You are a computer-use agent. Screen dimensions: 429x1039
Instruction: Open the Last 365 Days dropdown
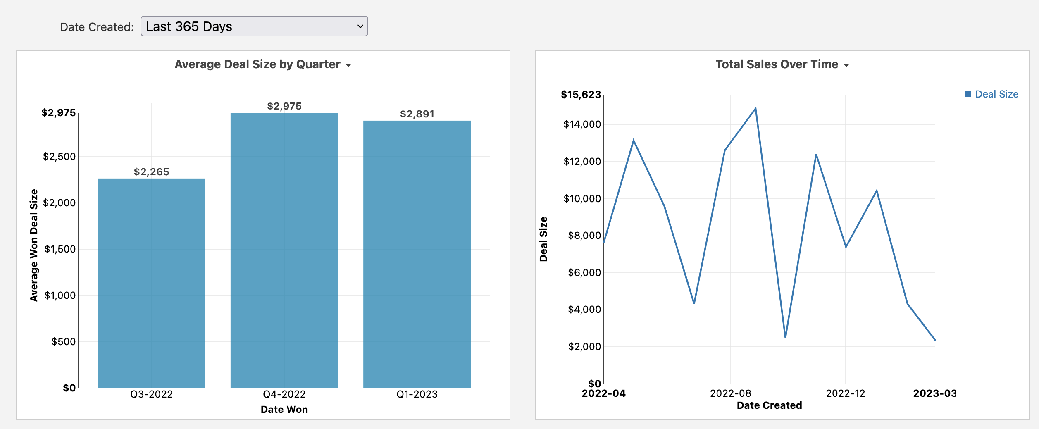254,26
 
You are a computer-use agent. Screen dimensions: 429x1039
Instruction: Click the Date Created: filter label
97,27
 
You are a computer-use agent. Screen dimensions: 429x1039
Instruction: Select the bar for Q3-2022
151,283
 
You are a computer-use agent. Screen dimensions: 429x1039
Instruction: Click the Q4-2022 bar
284,250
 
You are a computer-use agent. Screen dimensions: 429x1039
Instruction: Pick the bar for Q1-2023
417,254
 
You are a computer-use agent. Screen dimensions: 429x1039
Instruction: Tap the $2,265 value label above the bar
151,172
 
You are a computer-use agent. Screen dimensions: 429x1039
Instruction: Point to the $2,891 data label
417,114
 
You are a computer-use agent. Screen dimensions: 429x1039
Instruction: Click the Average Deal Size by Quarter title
257,64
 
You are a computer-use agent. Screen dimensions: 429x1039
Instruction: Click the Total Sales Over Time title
777,64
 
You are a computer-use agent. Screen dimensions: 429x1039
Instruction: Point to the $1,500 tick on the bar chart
60,249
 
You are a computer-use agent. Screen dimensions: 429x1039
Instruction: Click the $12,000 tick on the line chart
582,162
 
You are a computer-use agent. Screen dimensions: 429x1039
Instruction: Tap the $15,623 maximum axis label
581,95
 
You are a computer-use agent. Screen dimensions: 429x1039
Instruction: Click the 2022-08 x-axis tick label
730,393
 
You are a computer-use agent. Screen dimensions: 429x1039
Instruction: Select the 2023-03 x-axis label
935,393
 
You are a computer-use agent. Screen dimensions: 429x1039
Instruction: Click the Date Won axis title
284,410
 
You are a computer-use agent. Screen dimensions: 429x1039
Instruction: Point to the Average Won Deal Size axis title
34,245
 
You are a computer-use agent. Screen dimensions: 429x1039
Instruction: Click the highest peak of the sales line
755,109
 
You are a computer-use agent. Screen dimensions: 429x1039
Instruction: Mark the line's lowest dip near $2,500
785,337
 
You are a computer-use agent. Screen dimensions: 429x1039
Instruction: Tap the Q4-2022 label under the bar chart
284,394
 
